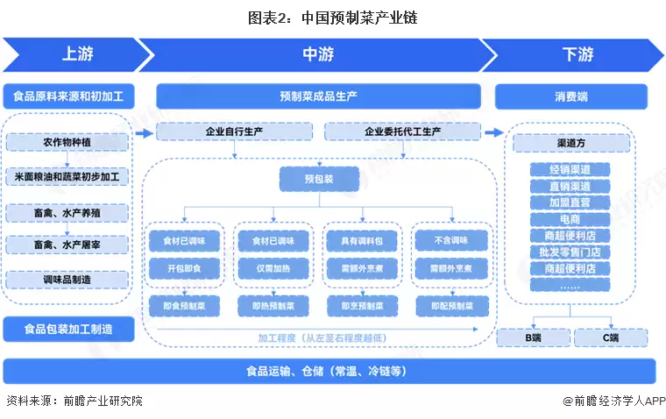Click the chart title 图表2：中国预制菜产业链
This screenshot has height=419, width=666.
click(332, 17)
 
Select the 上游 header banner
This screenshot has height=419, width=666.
click(74, 54)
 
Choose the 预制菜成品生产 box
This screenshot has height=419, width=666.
click(317, 96)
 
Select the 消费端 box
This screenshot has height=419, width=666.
click(570, 96)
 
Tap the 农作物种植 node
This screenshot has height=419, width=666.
click(67, 142)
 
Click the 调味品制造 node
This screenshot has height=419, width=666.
click(67, 280)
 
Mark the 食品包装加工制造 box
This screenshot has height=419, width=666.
click(67, 329)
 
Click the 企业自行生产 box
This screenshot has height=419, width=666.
click(234, 132)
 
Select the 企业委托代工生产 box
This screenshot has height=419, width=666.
click(402, 132)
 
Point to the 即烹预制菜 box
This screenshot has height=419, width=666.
click(362, 306)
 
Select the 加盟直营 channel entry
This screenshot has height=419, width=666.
click(570, 202)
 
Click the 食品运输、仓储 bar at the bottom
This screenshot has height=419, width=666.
click(329, 371)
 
